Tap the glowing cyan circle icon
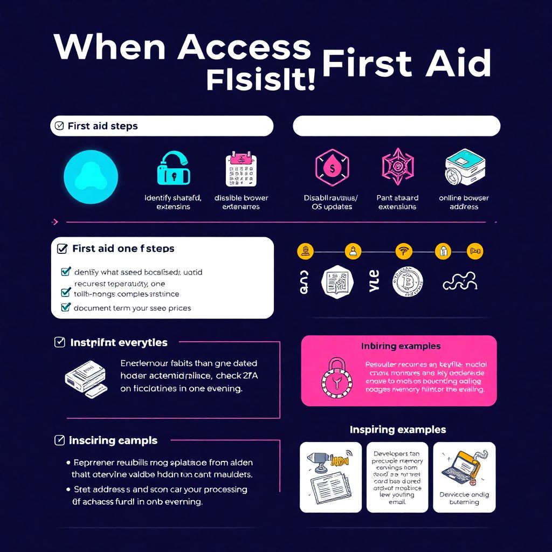pos(91,177)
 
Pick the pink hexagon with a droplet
pos(332,167)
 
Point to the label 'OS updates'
pos(332,207)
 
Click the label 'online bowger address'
pos(464,202)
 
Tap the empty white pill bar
pos(396,126)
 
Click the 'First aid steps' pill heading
pos(161,126)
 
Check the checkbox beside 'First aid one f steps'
pos(62,249)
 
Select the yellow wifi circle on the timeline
pos(402,251)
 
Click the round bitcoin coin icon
pos(408,282)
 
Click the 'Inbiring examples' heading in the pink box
pos(401,346)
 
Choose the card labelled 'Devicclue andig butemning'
pos(464,477)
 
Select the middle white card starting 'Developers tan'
pos(397,477)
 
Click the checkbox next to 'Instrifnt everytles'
pos(60,342)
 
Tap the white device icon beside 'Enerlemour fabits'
pos(86,377)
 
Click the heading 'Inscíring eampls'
pos(113,440)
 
